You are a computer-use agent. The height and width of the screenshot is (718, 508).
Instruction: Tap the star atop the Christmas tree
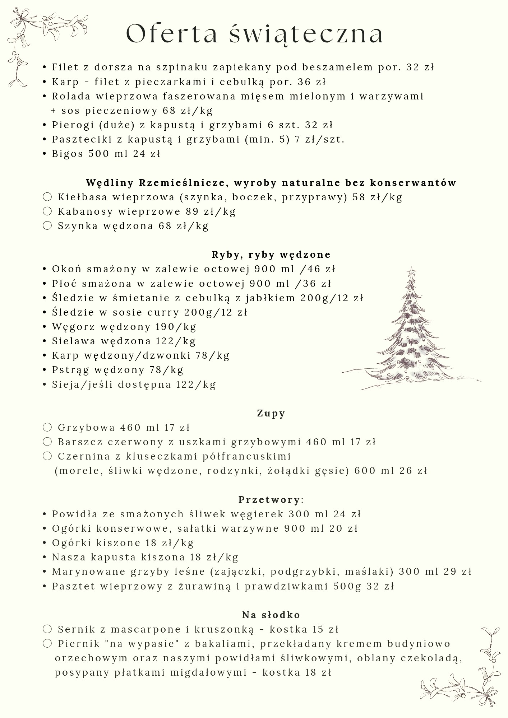(x=412, y=272)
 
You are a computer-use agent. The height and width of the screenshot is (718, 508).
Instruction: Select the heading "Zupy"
(x=271, y=413)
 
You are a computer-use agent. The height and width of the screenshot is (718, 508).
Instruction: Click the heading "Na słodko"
(x=271, y=615)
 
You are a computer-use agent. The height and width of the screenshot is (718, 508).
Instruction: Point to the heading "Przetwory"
(x=269, y=500)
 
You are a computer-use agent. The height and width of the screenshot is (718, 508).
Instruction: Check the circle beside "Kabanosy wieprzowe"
(x=47, y=211)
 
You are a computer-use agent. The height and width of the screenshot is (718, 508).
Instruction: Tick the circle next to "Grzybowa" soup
(x=47, y=427)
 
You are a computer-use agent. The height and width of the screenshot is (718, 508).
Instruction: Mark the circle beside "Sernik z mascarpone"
(x=47, y=629)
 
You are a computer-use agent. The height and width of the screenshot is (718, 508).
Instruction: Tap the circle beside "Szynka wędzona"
(x=47, y=226)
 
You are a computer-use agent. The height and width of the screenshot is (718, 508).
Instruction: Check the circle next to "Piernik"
(x=47, y=644)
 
